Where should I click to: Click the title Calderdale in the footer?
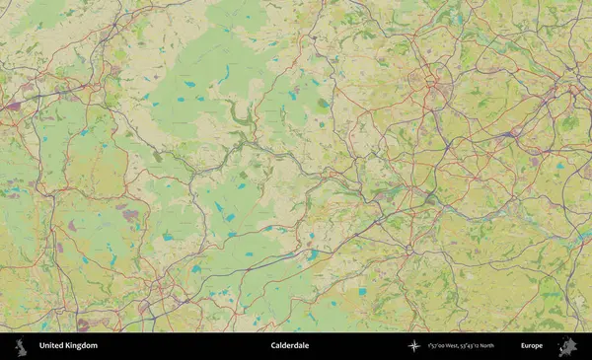[291, 346]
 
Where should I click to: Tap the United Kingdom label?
[68, 346]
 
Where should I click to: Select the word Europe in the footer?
[532, 346]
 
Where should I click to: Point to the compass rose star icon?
[414, 346]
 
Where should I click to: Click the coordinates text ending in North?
[475, 346]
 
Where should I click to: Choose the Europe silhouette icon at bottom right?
[567, 346]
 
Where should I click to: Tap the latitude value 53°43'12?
[484, 346]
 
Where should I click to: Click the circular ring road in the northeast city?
[431, 78]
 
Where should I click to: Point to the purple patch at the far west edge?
[12, 103]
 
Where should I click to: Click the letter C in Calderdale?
[273, 346]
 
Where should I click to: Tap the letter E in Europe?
[523, 346]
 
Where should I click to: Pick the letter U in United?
[41, 346]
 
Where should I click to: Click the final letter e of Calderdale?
[309, 346]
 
